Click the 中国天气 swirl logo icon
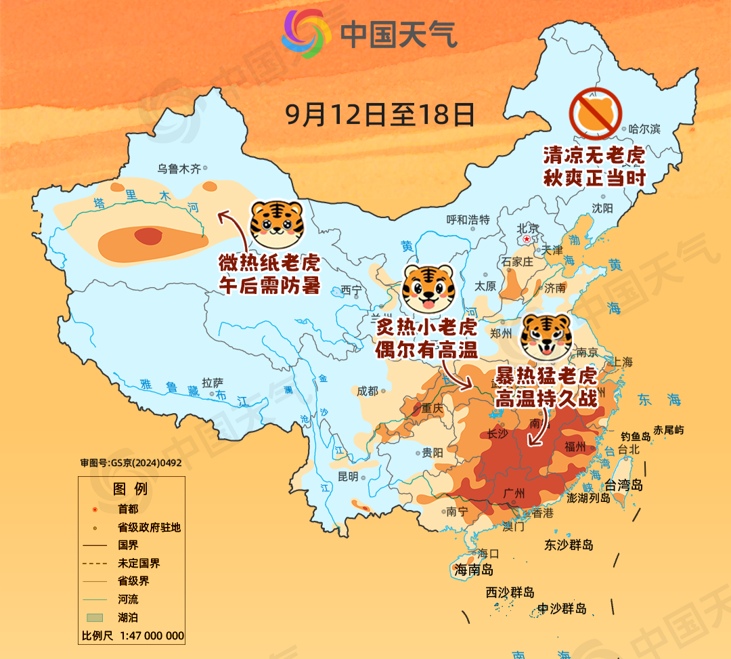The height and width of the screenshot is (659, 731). pyautogui.click(x=307, y=33)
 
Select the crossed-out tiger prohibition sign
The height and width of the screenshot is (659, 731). pyautogui.click(x=596, y=114)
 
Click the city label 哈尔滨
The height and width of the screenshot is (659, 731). pyautogui.click(x=644, y=129)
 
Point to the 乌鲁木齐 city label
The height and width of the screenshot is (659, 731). pyautogui.click(x=179, y=169)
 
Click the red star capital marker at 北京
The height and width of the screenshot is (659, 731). pyautogui.click(x=527, y=239)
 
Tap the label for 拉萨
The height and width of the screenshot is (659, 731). pyautogui.click(x=213, y=383)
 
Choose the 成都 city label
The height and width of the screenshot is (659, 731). pyautogui.click(x=368, y=391)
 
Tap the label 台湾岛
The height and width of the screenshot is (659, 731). pyautogui.click(x=623, y=486)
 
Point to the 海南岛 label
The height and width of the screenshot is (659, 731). pyautogui.click(x=474, y=570)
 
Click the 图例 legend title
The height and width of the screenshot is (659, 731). pyautogui.click(x=130, y=489)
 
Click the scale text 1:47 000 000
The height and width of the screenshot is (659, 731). pyautogui.click(x=152, y=636)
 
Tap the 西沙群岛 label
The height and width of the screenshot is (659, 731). pyautogui.click(x=510, y=593)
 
